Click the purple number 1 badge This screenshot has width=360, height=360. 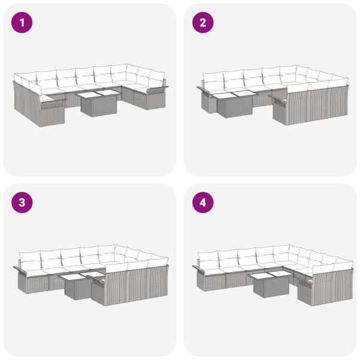click(x=22, y=23)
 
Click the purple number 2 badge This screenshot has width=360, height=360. click(x=203, y=23)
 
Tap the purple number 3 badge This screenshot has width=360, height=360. click(x=22, y=203)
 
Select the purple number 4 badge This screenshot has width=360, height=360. click(x=203, y=203)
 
